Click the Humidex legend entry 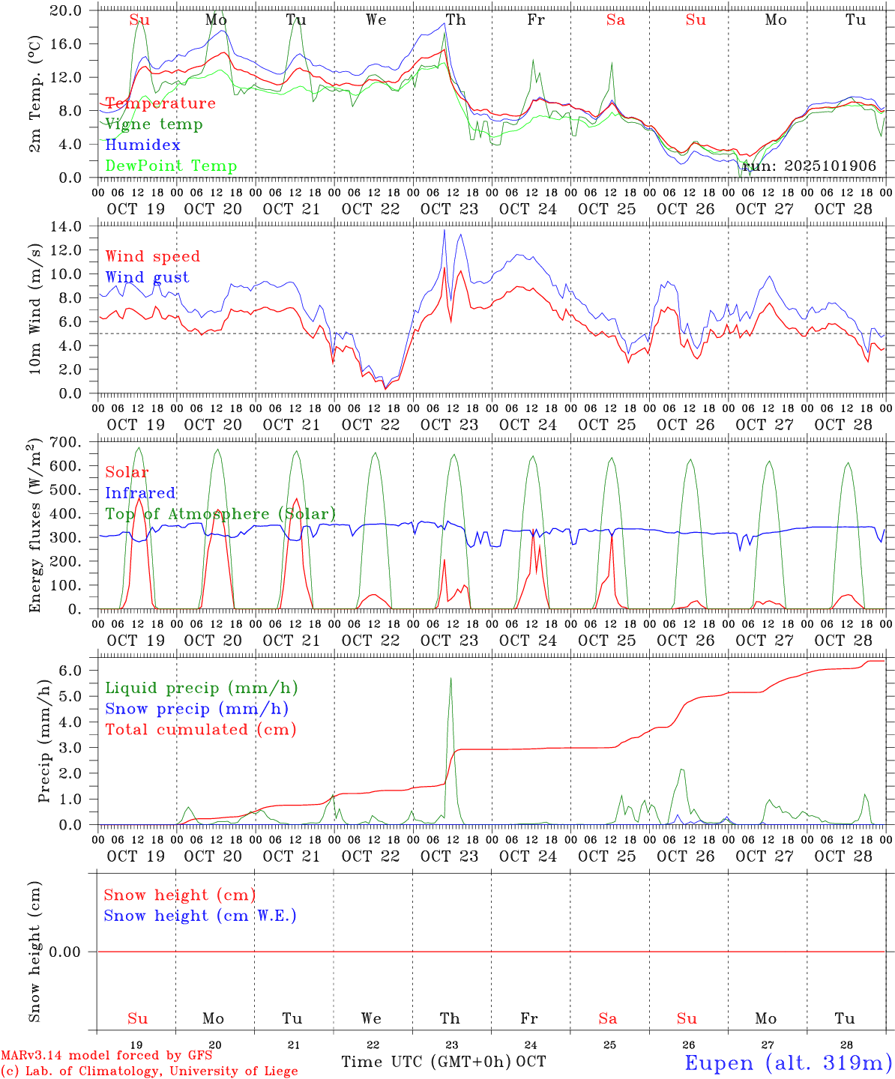tap(142, 145)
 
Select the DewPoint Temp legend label tap(171, 166)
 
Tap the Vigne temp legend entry tap(154, 124)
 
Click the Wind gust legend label tap(147, 277)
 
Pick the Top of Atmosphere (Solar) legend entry tap(220, 514)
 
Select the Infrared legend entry tap(140, 493)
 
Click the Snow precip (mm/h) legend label tap(196, 709)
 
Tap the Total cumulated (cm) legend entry tap(201, 730)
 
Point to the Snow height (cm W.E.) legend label tap(200, 916)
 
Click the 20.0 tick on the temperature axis tap(67, 10)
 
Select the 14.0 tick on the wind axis tap(67, 226)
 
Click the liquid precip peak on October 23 tap(450, 678)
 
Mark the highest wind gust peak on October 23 tap(444, 230)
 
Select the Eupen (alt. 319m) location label tap(788, 1063)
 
